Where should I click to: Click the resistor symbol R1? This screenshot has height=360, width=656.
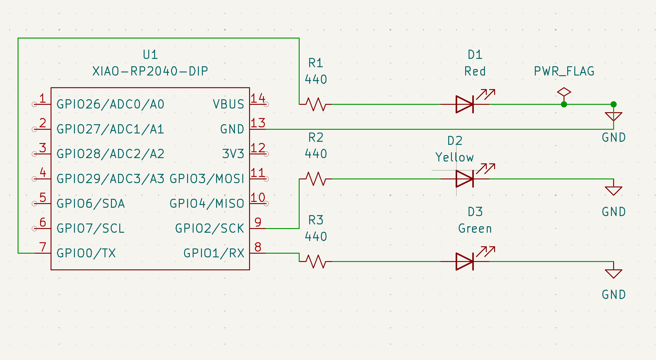316,104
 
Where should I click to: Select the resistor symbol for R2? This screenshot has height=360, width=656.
316,179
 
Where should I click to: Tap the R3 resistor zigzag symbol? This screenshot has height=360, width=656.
316,261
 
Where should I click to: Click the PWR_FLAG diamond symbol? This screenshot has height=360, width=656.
564,92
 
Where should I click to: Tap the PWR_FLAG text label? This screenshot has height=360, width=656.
564,72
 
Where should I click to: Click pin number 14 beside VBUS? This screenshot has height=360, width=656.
257,98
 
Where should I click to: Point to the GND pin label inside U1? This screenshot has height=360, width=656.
232,129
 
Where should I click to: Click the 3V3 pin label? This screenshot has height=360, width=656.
233,154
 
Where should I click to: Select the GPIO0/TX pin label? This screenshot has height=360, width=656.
86,253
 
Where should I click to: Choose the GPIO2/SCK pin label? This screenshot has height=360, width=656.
209,228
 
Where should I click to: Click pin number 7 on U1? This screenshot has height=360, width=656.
43,247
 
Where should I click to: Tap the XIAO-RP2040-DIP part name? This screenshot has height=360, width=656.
150,72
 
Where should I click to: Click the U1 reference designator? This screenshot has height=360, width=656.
150,55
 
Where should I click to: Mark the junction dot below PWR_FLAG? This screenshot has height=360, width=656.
564,104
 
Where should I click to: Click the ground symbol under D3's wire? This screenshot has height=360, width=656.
613,273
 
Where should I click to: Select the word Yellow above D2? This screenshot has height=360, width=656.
454,157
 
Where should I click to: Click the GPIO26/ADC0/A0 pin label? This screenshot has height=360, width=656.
110,104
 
